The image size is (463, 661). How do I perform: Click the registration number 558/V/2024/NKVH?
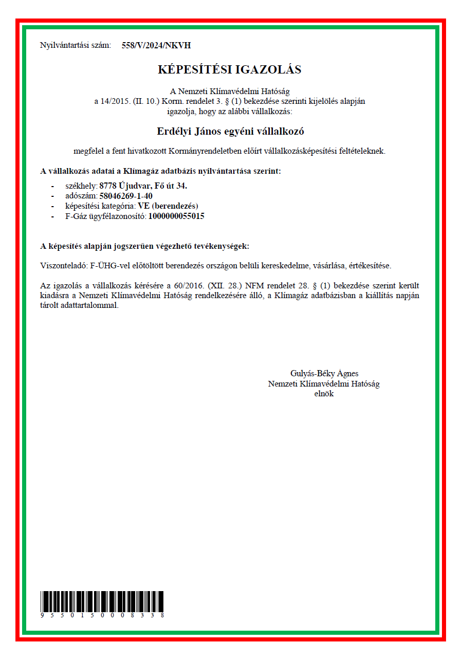pyautogui.click(x=156, y=45)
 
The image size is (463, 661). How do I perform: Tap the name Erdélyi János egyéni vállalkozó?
pyautogui.click(x=230, y=131)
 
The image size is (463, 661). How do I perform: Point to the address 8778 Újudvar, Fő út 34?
pyautogui.click(x=147, y=186)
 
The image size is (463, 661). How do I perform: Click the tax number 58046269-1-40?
pyautogui.click(x=126, y=196)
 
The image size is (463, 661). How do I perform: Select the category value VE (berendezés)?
pyautogui.click(x=168, y=206)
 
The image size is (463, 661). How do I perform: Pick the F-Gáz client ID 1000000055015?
pyautogui.click(x=176, y=216)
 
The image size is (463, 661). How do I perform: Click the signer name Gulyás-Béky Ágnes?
pyautogui.click(x=324, y=374)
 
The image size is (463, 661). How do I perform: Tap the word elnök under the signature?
pyautogui.click(x=324, y=394)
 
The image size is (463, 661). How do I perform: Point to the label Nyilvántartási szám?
pyautogui.click(x=76, y=45)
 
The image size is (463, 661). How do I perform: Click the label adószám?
pyautogui.click(x=82, y=196)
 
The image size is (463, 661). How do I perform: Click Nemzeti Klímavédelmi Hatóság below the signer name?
pyautogui.click(x=324, y=383)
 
